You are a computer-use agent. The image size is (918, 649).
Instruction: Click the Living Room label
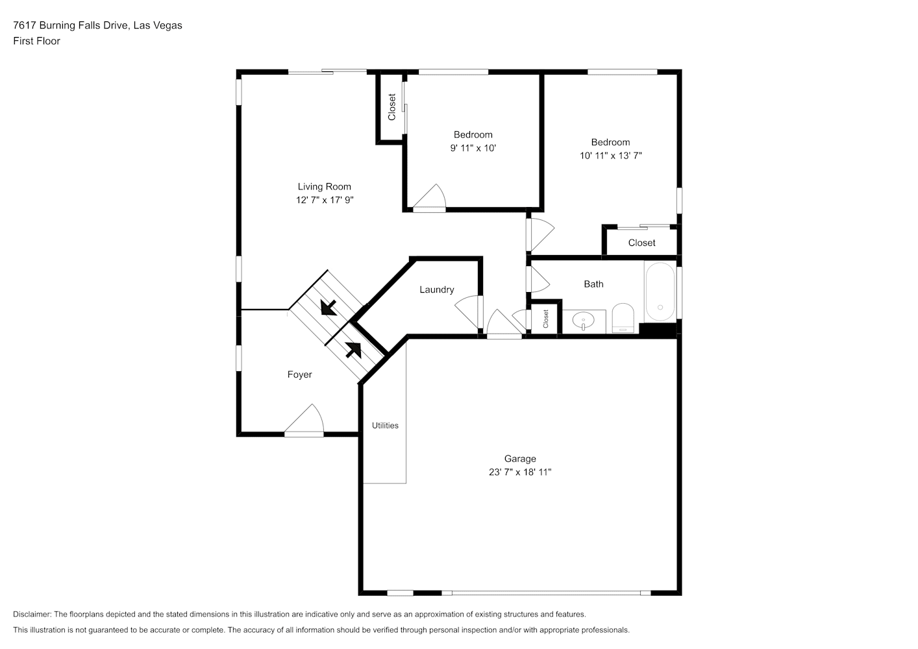(324, 186)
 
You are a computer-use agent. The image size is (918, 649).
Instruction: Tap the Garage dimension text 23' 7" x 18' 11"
(519, 472)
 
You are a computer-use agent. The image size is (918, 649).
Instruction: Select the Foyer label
(299, 374)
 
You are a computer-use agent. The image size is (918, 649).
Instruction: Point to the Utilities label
(385, 425)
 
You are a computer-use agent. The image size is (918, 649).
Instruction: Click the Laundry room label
(436, 289)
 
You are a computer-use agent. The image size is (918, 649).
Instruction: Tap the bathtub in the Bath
(660, 291)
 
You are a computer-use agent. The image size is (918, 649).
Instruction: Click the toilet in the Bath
(623, 318)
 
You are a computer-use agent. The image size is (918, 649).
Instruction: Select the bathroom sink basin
(583, 321)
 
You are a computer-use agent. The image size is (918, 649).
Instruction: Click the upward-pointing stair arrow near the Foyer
(353, 350)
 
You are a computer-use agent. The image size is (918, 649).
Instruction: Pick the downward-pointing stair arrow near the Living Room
(329, 308)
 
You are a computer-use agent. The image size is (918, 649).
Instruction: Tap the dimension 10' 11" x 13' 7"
(611, 156)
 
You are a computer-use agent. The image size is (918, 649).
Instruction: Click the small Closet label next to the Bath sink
(545, 319)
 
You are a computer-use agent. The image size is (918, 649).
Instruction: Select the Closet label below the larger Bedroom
(641, 243)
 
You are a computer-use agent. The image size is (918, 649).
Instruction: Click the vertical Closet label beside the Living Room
(391, 107)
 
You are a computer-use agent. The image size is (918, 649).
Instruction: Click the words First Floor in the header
(36, 41)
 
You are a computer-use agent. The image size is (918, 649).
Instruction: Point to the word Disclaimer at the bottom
(32, 614)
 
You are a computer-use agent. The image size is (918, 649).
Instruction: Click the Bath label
(593, 284)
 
